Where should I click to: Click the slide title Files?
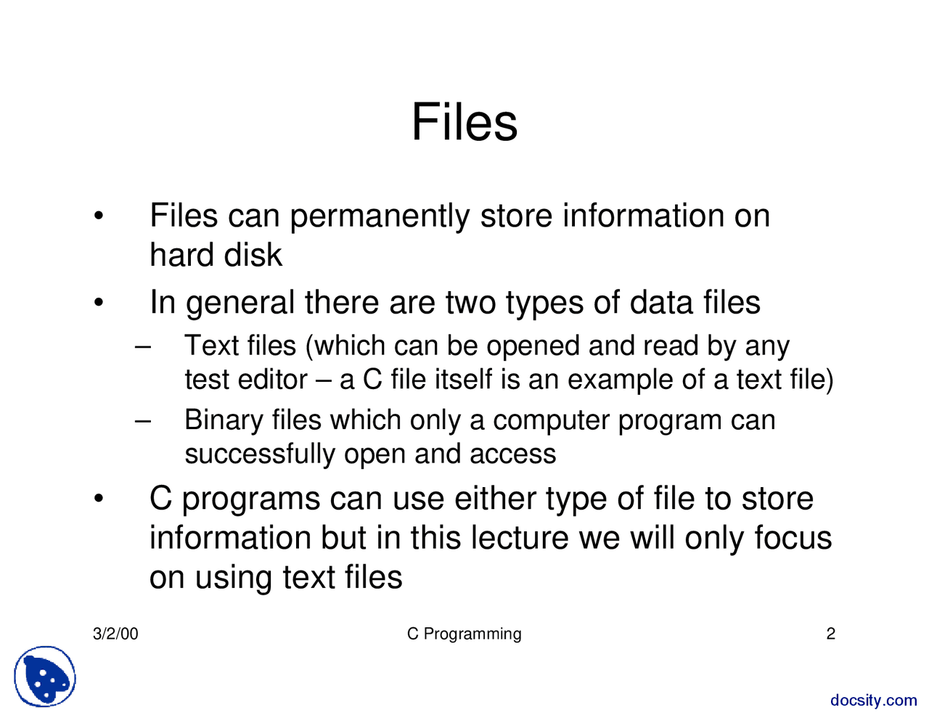(464, 122)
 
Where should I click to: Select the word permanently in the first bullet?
(380, 216)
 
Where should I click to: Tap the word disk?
(253, 255)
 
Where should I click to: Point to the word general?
(240, 303)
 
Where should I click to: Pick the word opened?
(533, 346)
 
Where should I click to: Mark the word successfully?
(260, 454)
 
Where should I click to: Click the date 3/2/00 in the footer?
(115, 634)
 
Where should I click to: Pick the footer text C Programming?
(464, 634)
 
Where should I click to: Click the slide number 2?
(831, 634)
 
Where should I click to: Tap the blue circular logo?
(45, 677)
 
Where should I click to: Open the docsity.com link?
(874, 701)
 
